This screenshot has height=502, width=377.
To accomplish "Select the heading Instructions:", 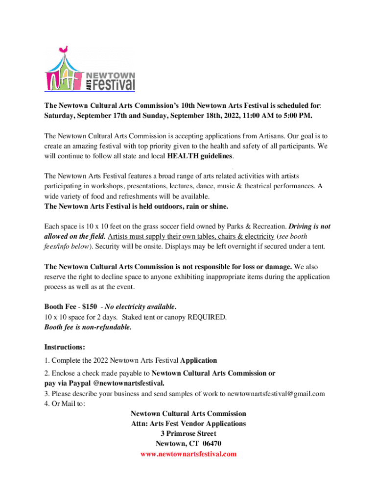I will [65, 347].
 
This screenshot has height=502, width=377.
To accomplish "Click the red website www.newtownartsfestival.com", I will [188, 454].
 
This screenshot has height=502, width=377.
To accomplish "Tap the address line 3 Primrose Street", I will [188, 433].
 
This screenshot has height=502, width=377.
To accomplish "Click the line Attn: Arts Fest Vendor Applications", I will [188, 423].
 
